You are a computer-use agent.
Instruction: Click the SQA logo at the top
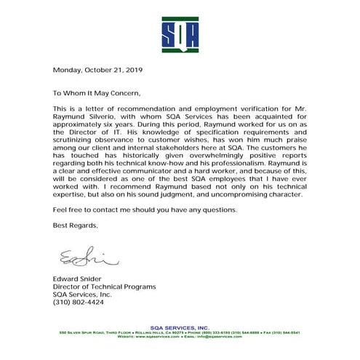tap(180, 30)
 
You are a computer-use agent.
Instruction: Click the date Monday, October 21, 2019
tap(98, 71)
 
